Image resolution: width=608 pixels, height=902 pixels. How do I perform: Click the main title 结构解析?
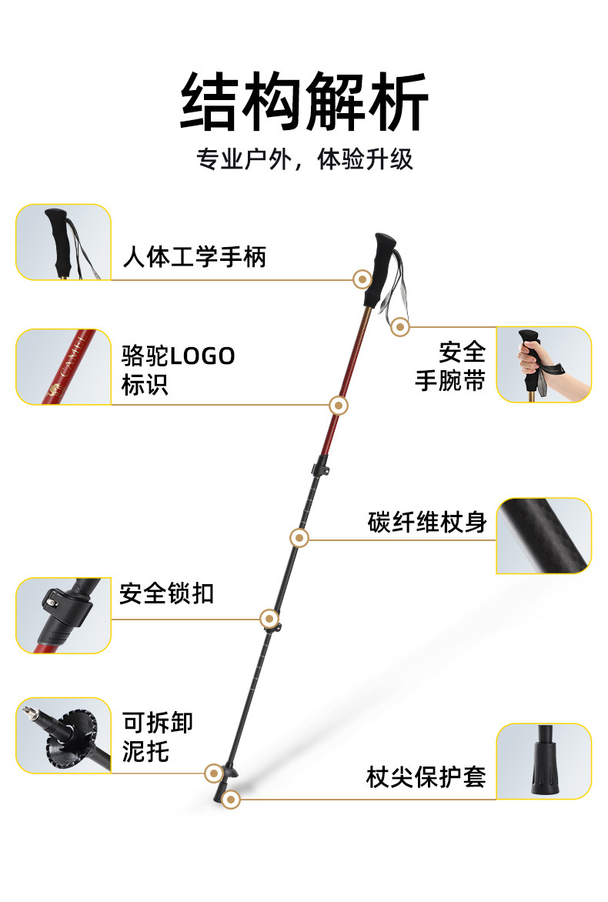coord(304,102)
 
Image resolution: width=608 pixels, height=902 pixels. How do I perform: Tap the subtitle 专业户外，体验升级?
coord(305,159)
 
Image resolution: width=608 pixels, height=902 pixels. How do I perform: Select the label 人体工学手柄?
coord(195,256)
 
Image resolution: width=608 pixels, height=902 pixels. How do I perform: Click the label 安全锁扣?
coord(167,593)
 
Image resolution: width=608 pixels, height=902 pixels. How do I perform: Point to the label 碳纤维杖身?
coord(427,522)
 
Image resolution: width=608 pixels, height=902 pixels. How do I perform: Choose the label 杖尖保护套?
coord(426,777)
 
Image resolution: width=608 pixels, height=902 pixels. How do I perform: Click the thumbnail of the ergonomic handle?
coord(63,242)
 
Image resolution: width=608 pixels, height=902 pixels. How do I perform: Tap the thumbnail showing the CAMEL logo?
coord(63,367)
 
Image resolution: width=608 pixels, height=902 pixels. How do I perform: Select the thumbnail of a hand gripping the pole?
coord(543,364)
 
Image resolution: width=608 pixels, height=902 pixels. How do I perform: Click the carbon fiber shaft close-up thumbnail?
coord(543,536)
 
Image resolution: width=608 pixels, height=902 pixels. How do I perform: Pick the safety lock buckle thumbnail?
coord(63,616)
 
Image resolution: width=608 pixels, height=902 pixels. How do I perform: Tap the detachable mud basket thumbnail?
coord(63,735)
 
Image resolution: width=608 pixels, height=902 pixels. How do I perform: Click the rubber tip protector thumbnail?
coord(543,762)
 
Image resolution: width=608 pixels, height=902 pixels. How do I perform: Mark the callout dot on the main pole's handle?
coord(362,279)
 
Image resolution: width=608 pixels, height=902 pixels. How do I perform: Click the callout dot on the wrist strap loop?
coord(399,327)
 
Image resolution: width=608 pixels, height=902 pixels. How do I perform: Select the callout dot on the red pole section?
coord(338,406)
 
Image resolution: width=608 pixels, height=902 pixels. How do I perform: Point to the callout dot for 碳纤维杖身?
coord(299,538)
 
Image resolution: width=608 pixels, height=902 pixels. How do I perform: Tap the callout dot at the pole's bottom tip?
coord(231,800)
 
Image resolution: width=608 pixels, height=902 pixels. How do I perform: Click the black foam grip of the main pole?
coord(379,269)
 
